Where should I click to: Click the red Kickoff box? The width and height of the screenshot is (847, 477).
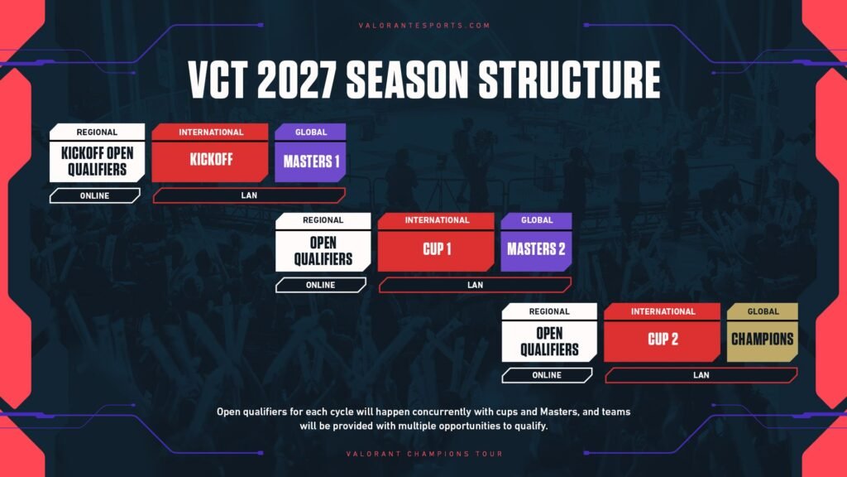(x=210, y=161)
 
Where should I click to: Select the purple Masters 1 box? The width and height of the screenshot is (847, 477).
(x=311, y=161)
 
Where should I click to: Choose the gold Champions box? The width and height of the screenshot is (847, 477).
(x=762, y=339)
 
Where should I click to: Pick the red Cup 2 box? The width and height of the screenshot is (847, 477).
(x=663, y=340)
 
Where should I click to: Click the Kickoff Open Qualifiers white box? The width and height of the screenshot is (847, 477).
(x=97, y=161)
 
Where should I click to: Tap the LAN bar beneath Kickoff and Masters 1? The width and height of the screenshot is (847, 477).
(x=248, y=196)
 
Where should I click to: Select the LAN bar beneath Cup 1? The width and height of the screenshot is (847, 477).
(x=475, y=285)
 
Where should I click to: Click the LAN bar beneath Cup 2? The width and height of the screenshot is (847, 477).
(x=701, y=375)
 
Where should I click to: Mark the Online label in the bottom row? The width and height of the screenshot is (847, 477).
(x=547, y=375)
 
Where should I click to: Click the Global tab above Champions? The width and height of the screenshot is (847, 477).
(x=763, y=311)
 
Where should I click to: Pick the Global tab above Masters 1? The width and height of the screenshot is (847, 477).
(x=311, y=132)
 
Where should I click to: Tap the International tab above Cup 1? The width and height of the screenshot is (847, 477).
(x=437, y=220)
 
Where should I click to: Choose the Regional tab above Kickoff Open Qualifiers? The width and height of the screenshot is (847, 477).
(x=97, y=132)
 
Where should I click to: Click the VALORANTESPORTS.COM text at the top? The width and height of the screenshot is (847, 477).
(x=423, y=26)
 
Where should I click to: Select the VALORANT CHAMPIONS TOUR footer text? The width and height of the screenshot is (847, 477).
(x=423, y=454)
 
